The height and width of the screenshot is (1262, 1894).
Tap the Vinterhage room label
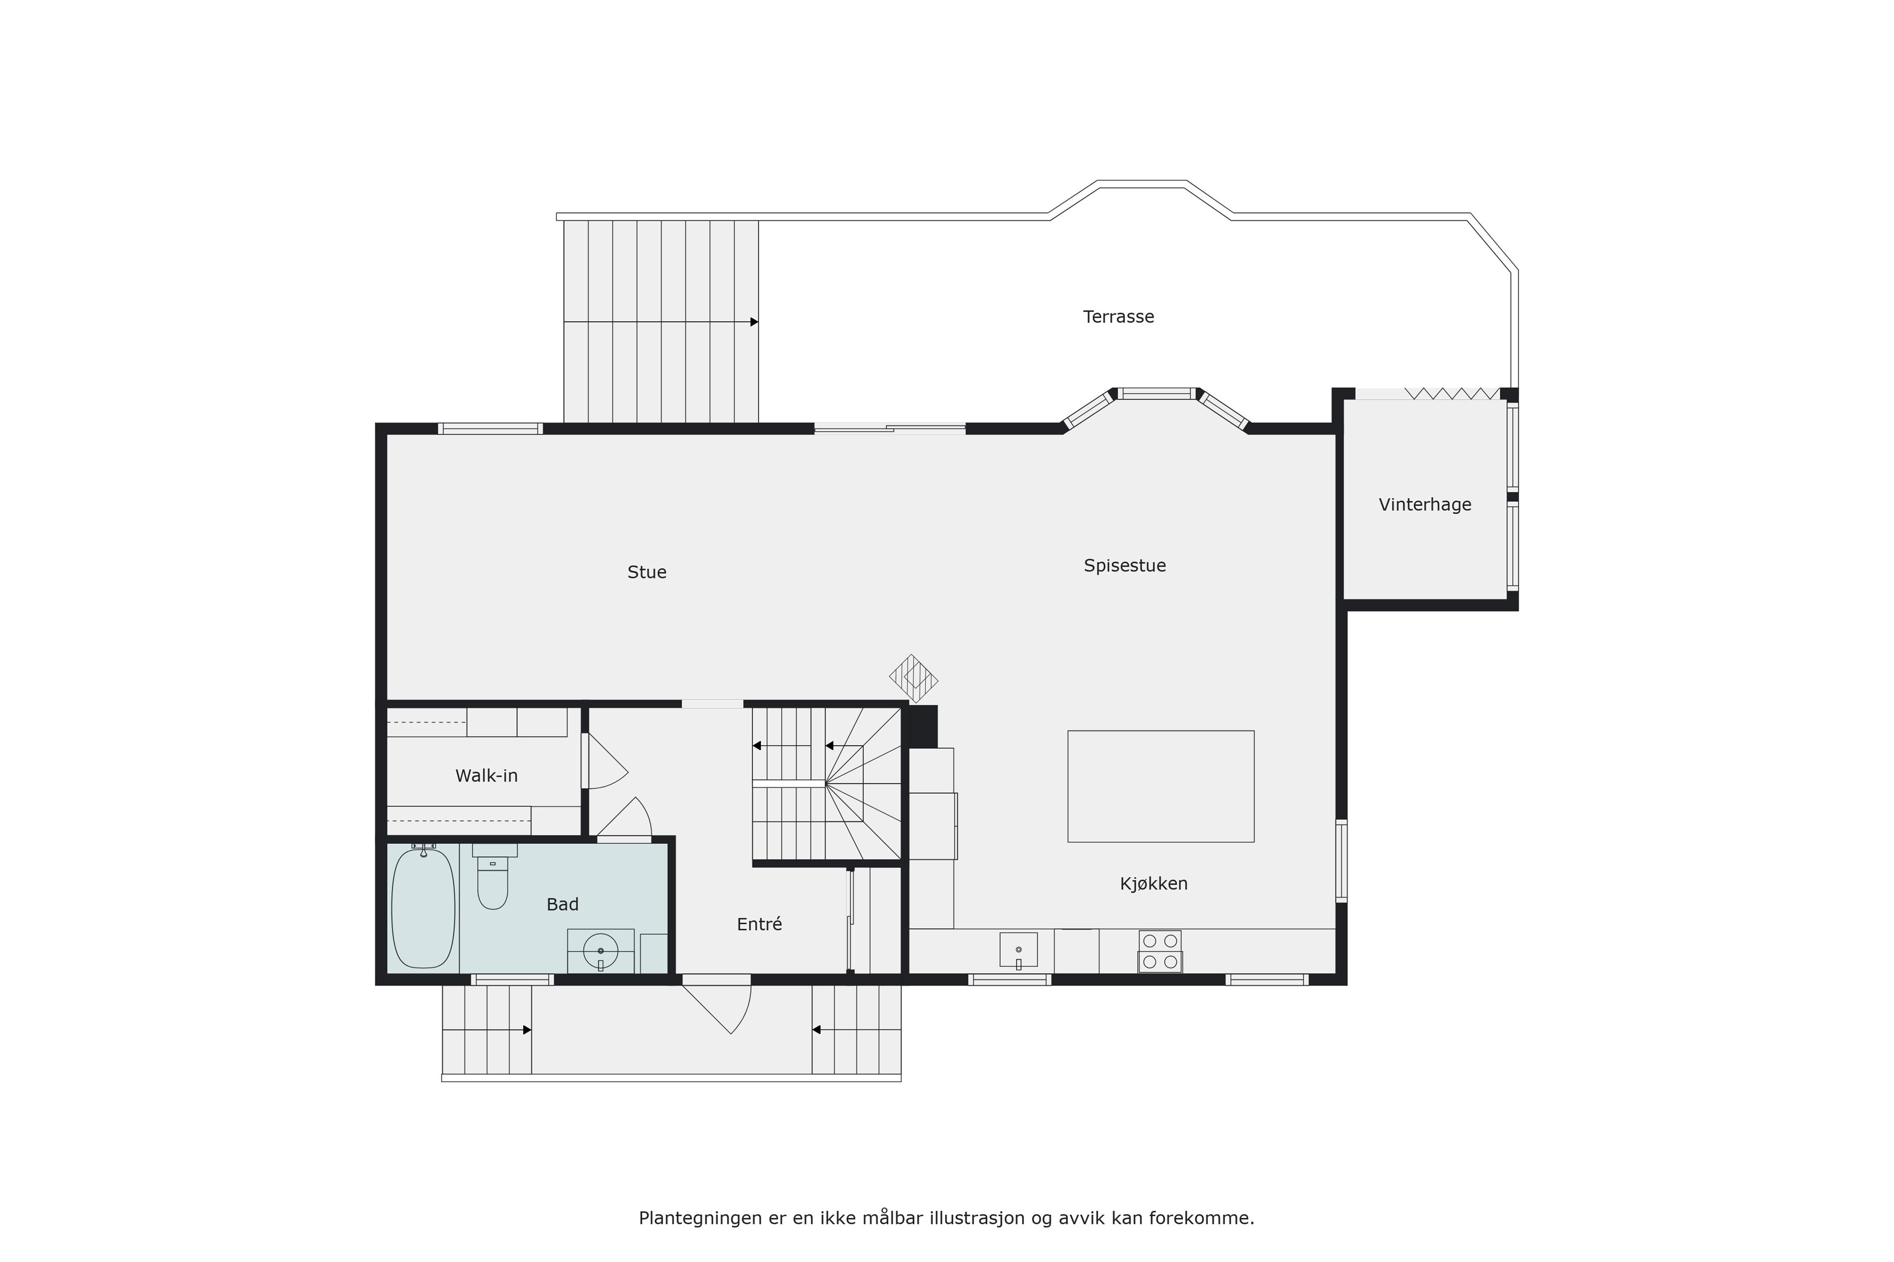click(x=1424, y=505)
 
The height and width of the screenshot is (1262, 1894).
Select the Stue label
click(x=647, y=572)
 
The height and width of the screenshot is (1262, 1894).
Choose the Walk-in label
click(x=486, y=776)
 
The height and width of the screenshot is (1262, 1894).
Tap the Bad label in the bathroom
click(x=562, y=905)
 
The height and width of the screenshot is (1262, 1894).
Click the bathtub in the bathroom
click(x=423, y=908)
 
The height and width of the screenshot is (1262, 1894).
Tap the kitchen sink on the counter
click(x=1018, y=950)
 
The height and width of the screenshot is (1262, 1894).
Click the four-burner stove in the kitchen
click(x=1160, y=951)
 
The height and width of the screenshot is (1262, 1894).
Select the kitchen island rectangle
click(x=1161, y=786)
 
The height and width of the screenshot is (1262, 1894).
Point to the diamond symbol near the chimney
click(x=913, y=678)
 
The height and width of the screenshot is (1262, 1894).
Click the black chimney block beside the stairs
click(x=923, y=726)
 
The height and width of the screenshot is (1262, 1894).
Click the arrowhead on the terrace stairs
click(x=755, y=322)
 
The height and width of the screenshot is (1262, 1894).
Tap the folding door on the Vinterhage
click(x=1453, y=393)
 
